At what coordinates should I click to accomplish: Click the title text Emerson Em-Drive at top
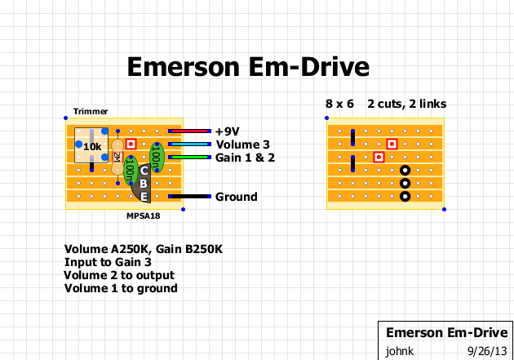pos(248,66)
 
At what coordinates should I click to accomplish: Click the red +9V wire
pos(189,131)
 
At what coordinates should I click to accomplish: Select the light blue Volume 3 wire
pos(189,144)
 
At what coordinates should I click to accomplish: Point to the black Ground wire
pos(189,197)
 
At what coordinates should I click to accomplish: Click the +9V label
pos(229,131)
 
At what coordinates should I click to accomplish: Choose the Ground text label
pos(237,197)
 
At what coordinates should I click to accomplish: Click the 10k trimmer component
pos(92,145)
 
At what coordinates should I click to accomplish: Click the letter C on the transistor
pos(144,170)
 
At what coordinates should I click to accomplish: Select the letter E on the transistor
pos(144,197)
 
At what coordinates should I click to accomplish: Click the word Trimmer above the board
pos(90,112)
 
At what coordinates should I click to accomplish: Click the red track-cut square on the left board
pos(131,144)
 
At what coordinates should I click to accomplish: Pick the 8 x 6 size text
pos(339,104)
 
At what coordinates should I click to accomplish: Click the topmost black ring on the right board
pos(405,170)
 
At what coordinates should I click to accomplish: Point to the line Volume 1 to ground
pos(121,288)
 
